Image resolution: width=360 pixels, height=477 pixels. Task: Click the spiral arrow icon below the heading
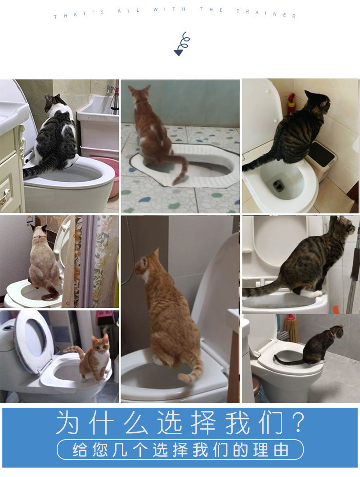coord(181,44)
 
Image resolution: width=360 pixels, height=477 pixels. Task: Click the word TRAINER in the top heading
coord(266,12)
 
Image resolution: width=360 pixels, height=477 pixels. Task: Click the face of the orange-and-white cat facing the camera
coord(100,345)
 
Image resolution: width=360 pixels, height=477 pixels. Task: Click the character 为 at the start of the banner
coord(68,423)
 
